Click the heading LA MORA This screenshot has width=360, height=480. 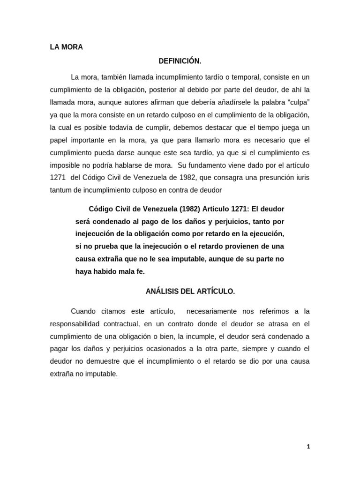66,47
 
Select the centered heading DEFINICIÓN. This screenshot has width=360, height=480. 180,61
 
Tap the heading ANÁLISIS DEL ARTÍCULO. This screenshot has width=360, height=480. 190,291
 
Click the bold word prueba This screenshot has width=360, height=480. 100,246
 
